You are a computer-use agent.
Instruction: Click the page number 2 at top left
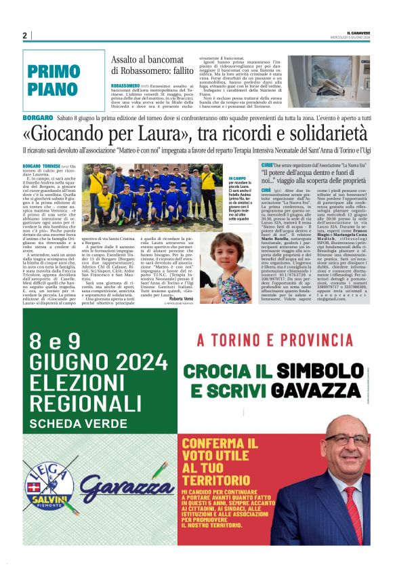point(24,35)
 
